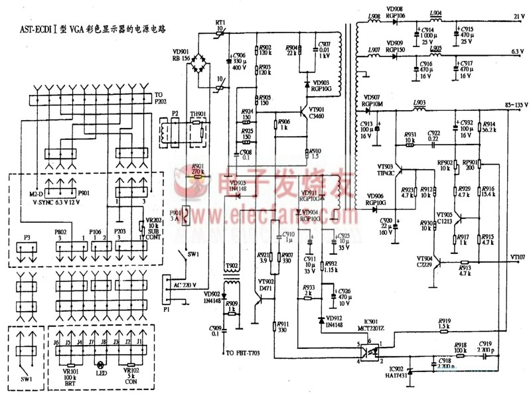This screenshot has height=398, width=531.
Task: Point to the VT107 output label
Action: coord(517,257)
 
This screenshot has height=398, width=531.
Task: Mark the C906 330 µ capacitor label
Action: coord(240,60)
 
